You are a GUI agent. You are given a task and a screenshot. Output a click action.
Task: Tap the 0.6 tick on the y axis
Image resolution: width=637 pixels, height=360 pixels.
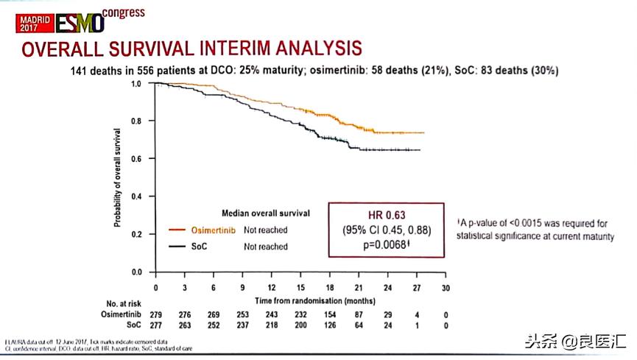[136, 159]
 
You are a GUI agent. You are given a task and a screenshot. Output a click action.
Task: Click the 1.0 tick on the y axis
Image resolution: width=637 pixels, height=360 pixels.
[136, 84]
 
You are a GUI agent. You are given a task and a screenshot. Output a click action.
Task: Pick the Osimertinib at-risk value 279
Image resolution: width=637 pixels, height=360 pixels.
[155, 314]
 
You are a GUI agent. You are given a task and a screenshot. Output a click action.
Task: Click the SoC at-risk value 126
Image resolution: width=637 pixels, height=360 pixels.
[330, 324]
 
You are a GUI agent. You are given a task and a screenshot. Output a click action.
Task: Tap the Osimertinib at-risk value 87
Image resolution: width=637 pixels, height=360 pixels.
[359, 314]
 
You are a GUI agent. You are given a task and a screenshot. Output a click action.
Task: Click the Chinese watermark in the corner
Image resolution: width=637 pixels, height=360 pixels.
[575, 342]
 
